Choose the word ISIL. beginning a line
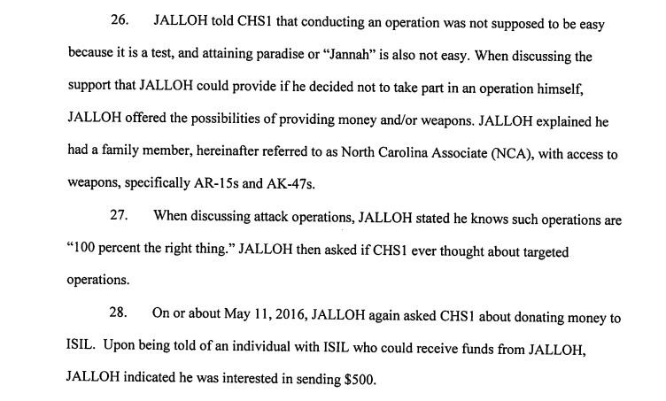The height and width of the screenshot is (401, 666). tap(83, 350)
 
